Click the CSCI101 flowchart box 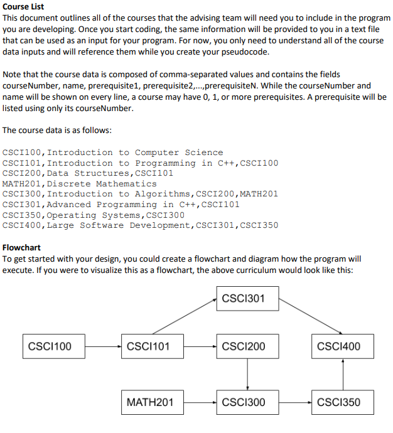coord(148,346)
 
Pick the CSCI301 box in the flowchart coord(244,299)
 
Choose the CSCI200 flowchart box coord(244,346)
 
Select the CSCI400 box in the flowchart coord(339,346)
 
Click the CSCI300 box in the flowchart coord(244,402)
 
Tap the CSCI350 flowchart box coord(339,402)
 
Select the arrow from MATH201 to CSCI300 coord(196,402)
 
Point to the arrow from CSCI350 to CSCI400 coord(343,374)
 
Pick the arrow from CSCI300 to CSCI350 coord(292,402)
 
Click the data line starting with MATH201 coord(80,184)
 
